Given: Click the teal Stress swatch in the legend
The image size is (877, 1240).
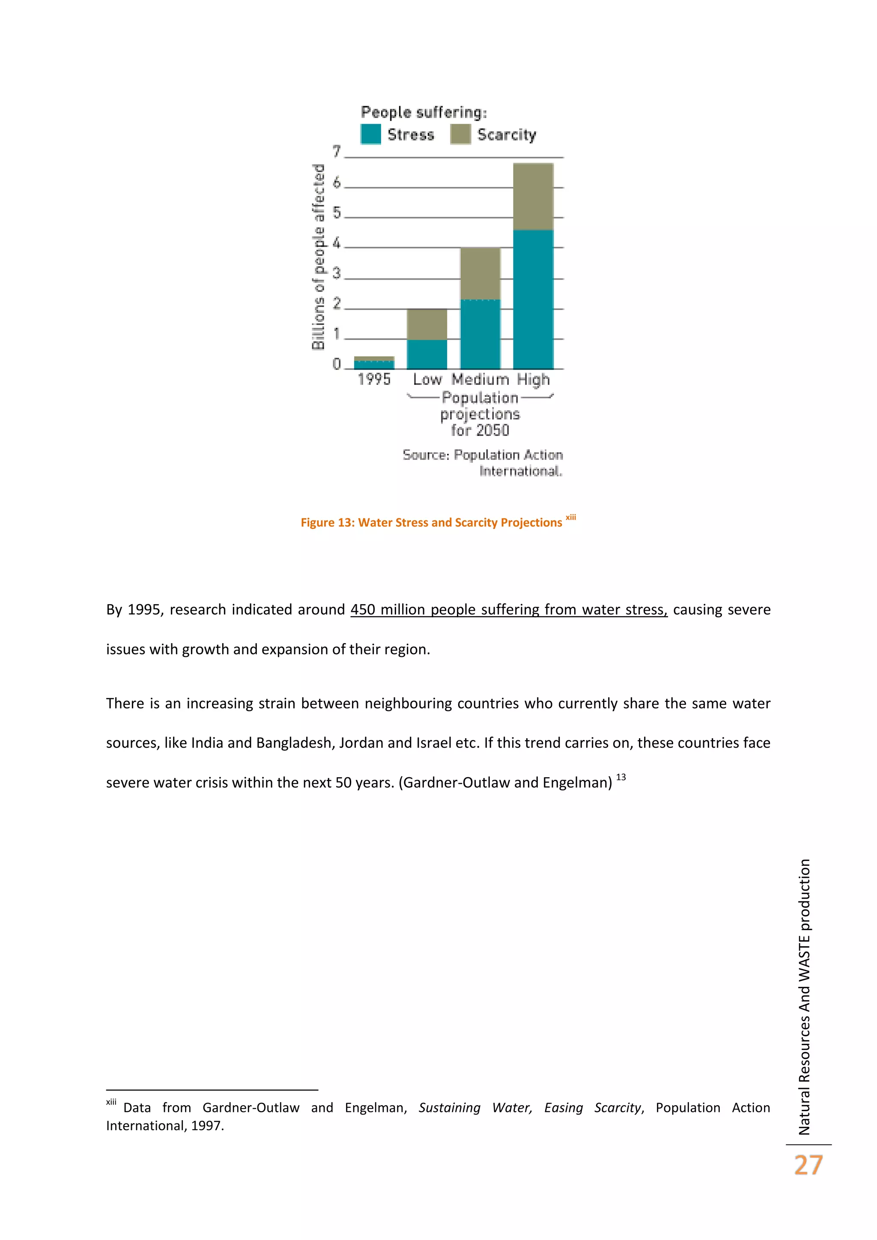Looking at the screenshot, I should [x=370, y=134].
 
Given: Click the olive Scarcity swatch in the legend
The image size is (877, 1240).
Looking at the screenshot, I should [x=460, y=134].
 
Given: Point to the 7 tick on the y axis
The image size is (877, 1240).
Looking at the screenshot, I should [x=337, y=152].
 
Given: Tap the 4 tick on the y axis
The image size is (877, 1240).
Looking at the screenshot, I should [x=337, y=243].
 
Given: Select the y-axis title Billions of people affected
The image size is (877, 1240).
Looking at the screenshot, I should [x=319, y=257].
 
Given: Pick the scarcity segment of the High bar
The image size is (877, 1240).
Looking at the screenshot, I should [x=533, y=197].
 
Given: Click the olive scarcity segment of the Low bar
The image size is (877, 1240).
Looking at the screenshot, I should [x=427, y=324].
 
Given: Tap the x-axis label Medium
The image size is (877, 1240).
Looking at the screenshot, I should [x=480, y=380].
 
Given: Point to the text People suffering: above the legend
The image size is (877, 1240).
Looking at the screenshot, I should [x=424, y=112].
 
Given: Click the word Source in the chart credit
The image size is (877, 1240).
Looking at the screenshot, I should [x=425, y=455].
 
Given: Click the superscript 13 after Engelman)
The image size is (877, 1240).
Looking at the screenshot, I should [x=621, y=777].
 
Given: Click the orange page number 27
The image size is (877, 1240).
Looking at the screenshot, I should [x=808, y=1165].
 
